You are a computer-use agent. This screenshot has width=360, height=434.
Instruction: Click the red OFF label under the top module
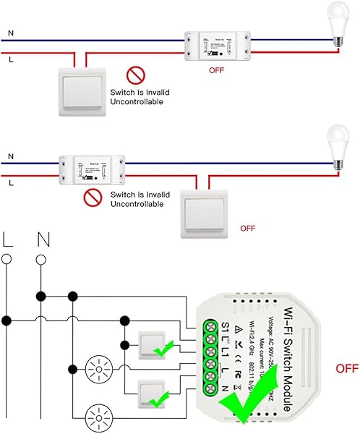(x=216, y=71)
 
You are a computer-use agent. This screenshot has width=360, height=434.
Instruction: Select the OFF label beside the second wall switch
(x=247, y=228)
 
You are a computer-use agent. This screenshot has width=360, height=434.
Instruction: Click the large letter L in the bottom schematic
(x=8, y=239)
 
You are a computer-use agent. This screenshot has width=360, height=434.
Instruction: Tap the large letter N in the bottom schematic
(x=42, y=239)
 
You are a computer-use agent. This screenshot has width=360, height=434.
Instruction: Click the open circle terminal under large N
(x=42, y=260)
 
